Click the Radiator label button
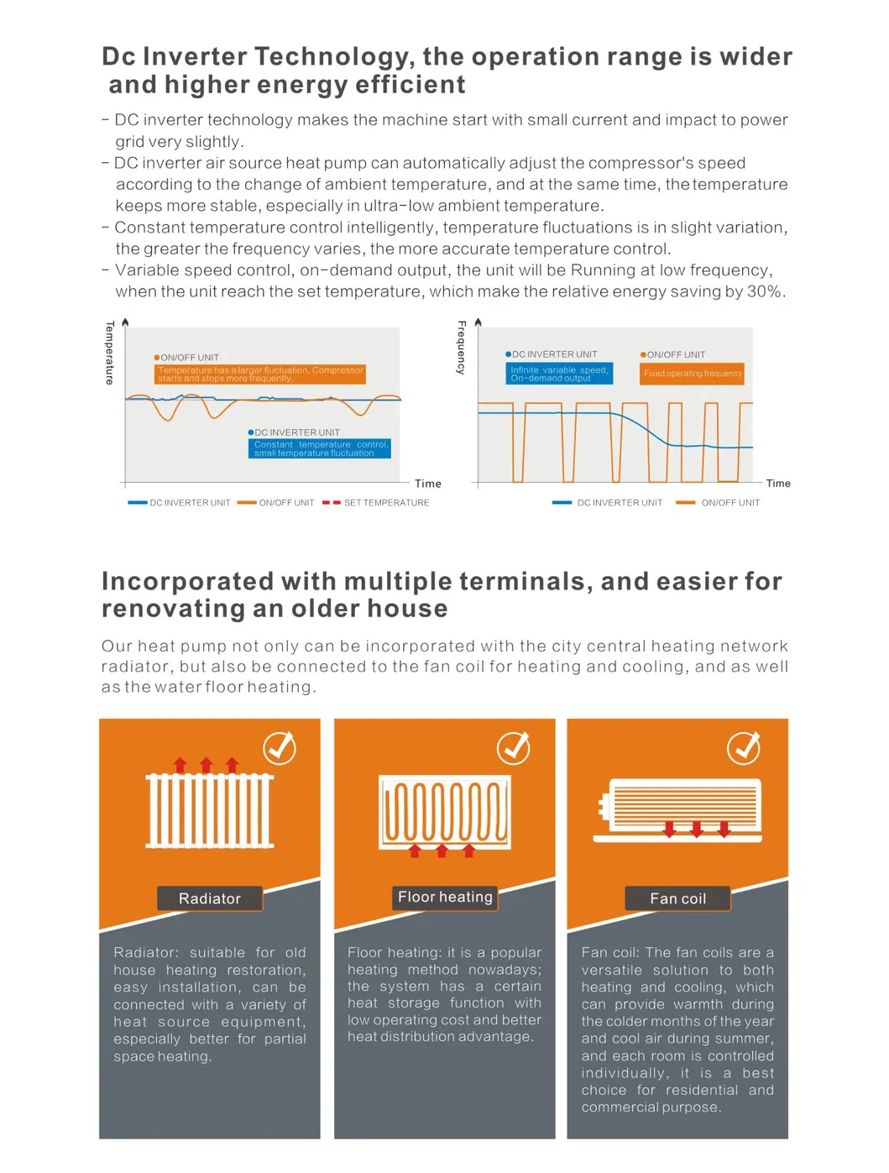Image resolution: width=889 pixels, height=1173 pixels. pos(210,898)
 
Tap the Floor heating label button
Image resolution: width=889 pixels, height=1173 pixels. pos(445,898)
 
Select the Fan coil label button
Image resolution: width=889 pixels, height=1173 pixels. pos(677,898)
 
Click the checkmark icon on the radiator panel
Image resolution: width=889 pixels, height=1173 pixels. pos(280,747)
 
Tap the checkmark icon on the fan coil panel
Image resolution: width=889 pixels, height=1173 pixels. pos(743,747)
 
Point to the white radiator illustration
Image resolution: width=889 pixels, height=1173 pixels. pos(210,809)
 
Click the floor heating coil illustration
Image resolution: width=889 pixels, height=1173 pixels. pos(445,811)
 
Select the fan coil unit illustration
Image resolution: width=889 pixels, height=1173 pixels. pos(680,809)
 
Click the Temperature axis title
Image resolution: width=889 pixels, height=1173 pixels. pos(109,353)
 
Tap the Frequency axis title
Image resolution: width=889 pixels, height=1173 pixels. pos(461,347)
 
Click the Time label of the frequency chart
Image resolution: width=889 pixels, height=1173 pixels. pos(778,484)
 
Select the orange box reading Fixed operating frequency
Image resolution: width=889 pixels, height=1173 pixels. pos(693,374)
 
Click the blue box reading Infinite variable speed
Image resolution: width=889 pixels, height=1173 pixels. pos(559,374)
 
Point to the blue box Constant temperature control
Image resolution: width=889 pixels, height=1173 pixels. pos(320,448)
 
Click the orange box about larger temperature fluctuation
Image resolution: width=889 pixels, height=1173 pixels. pos(260,374)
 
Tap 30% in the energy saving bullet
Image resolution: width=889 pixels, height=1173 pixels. pos(765,291)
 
